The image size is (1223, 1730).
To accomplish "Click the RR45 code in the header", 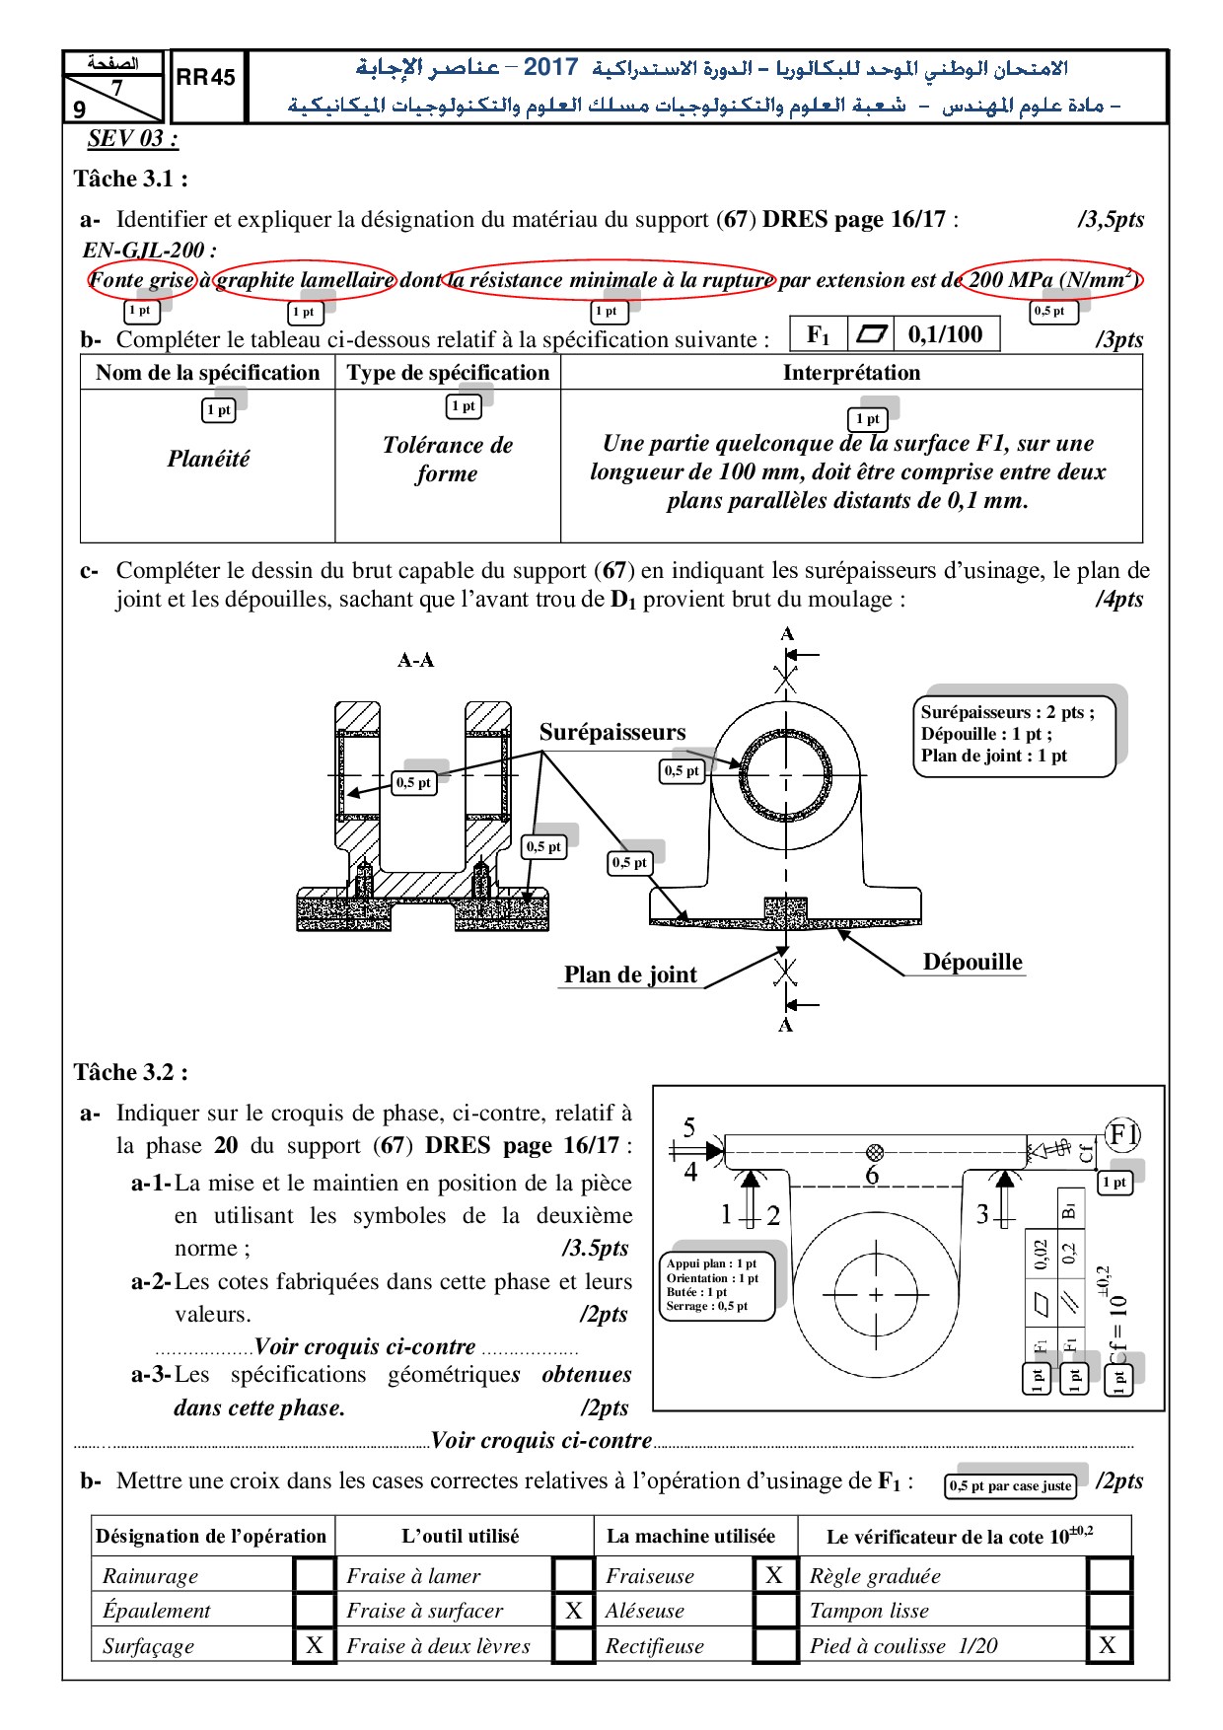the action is click(x=206, y=77).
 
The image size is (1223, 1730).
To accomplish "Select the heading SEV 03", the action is click(x=133, y=138).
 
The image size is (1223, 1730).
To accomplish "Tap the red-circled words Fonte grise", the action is click(x=142, y=280).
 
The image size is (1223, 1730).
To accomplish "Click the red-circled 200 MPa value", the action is click(x=1052, y=280).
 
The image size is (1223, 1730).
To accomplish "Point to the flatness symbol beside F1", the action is click(x=872, y=334).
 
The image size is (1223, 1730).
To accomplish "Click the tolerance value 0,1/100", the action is click(x=945, y=334).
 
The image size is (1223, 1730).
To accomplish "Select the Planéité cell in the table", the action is click(x=208, y=459).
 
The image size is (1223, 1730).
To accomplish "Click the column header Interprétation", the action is click(x=851, y=373).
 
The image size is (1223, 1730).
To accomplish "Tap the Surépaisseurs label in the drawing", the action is click(x=612, y=732).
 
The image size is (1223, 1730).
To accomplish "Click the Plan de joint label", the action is click(x=630, y=974).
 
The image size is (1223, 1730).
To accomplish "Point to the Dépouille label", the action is click(x=972, y=962).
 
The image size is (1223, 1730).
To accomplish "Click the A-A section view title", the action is click(x=415, y=660).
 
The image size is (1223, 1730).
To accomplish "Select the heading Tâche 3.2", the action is click(x=131, y=1072).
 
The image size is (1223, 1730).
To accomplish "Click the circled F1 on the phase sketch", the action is click(x=1122, y=1134).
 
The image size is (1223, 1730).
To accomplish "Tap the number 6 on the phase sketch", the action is click(x=872, y=1175).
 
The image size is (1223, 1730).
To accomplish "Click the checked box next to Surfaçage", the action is click(x=315, y=1645).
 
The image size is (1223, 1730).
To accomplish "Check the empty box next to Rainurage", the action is click(x=315, y=1574).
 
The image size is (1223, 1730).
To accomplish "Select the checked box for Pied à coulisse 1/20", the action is click(x=1109, y=1645).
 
